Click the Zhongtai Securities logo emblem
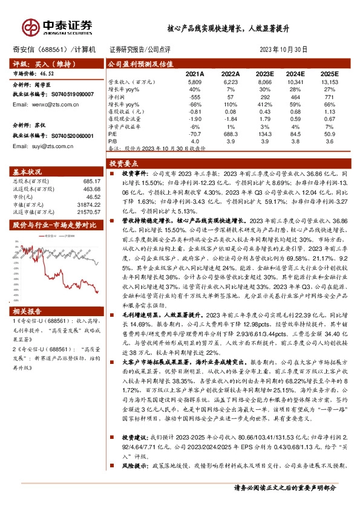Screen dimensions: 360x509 tap(30, 27)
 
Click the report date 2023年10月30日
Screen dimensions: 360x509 tap(283, 50)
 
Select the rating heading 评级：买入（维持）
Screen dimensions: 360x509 tap(41, 63)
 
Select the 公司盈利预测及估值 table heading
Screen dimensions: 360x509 tap(140, 63)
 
